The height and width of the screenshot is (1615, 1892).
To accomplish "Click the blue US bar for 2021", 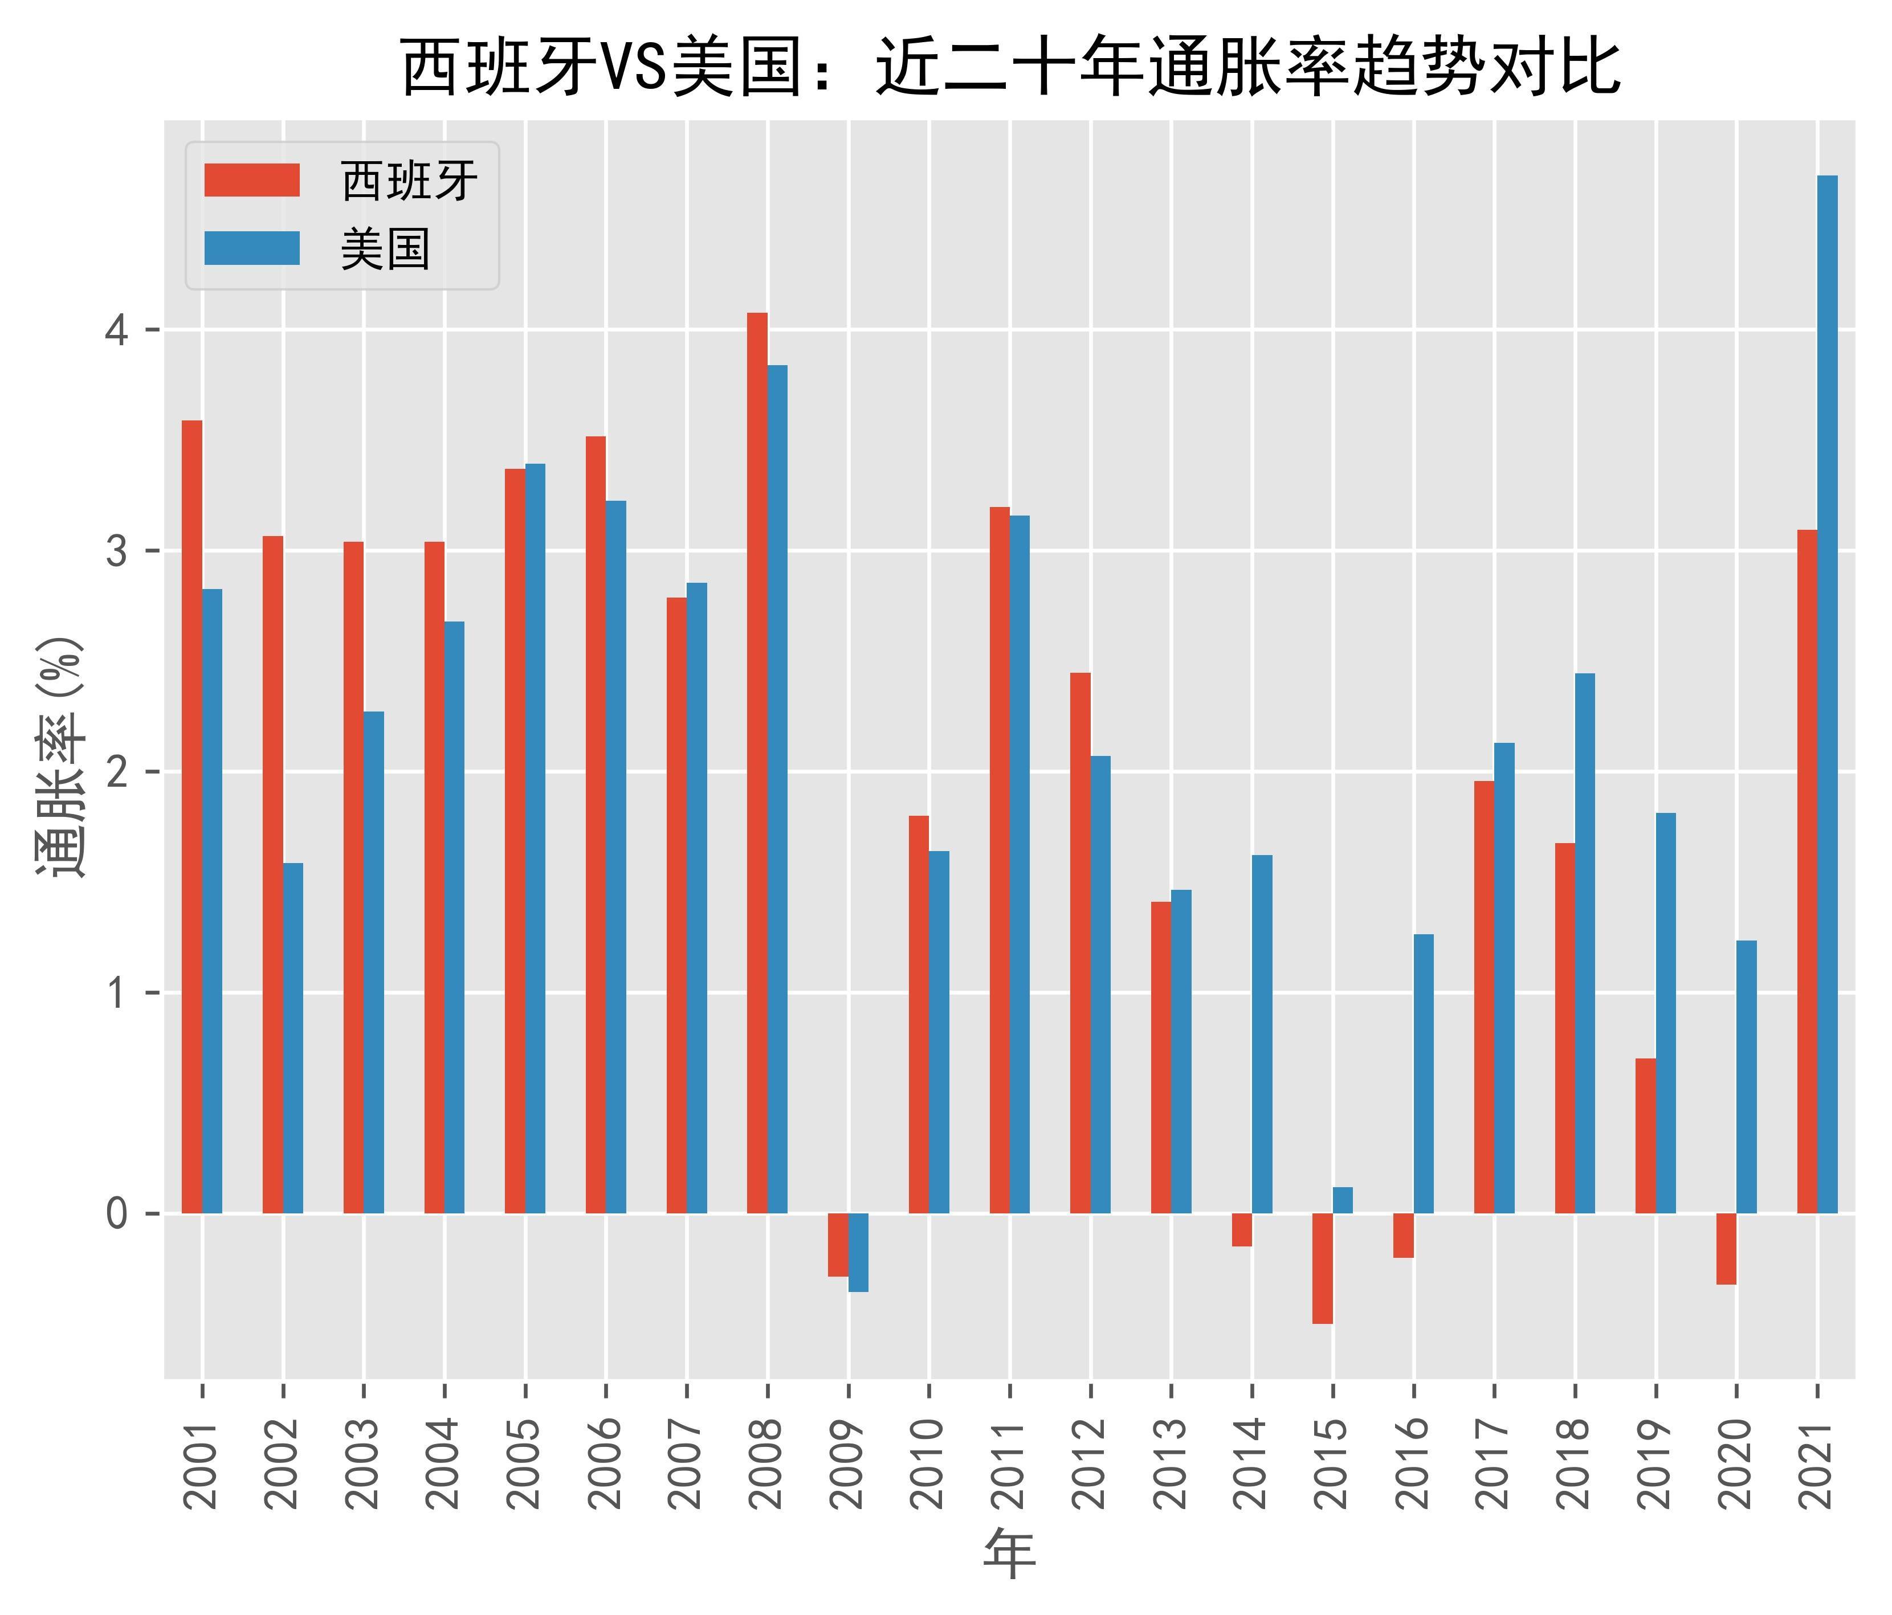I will [1827, 694].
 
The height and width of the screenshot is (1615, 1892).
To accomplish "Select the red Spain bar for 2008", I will [757, 763].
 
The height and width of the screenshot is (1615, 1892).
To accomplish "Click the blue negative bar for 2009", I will [858, 1253].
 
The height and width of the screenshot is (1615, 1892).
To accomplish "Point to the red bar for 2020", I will [1726, 1249].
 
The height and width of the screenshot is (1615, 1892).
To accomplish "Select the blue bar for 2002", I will [293, 1038].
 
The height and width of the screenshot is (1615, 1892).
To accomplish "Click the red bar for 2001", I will [191, 817].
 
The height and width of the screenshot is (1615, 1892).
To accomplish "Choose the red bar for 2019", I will [1645, 1136].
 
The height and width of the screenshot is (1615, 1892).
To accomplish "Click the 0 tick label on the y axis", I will [117, 1214].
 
